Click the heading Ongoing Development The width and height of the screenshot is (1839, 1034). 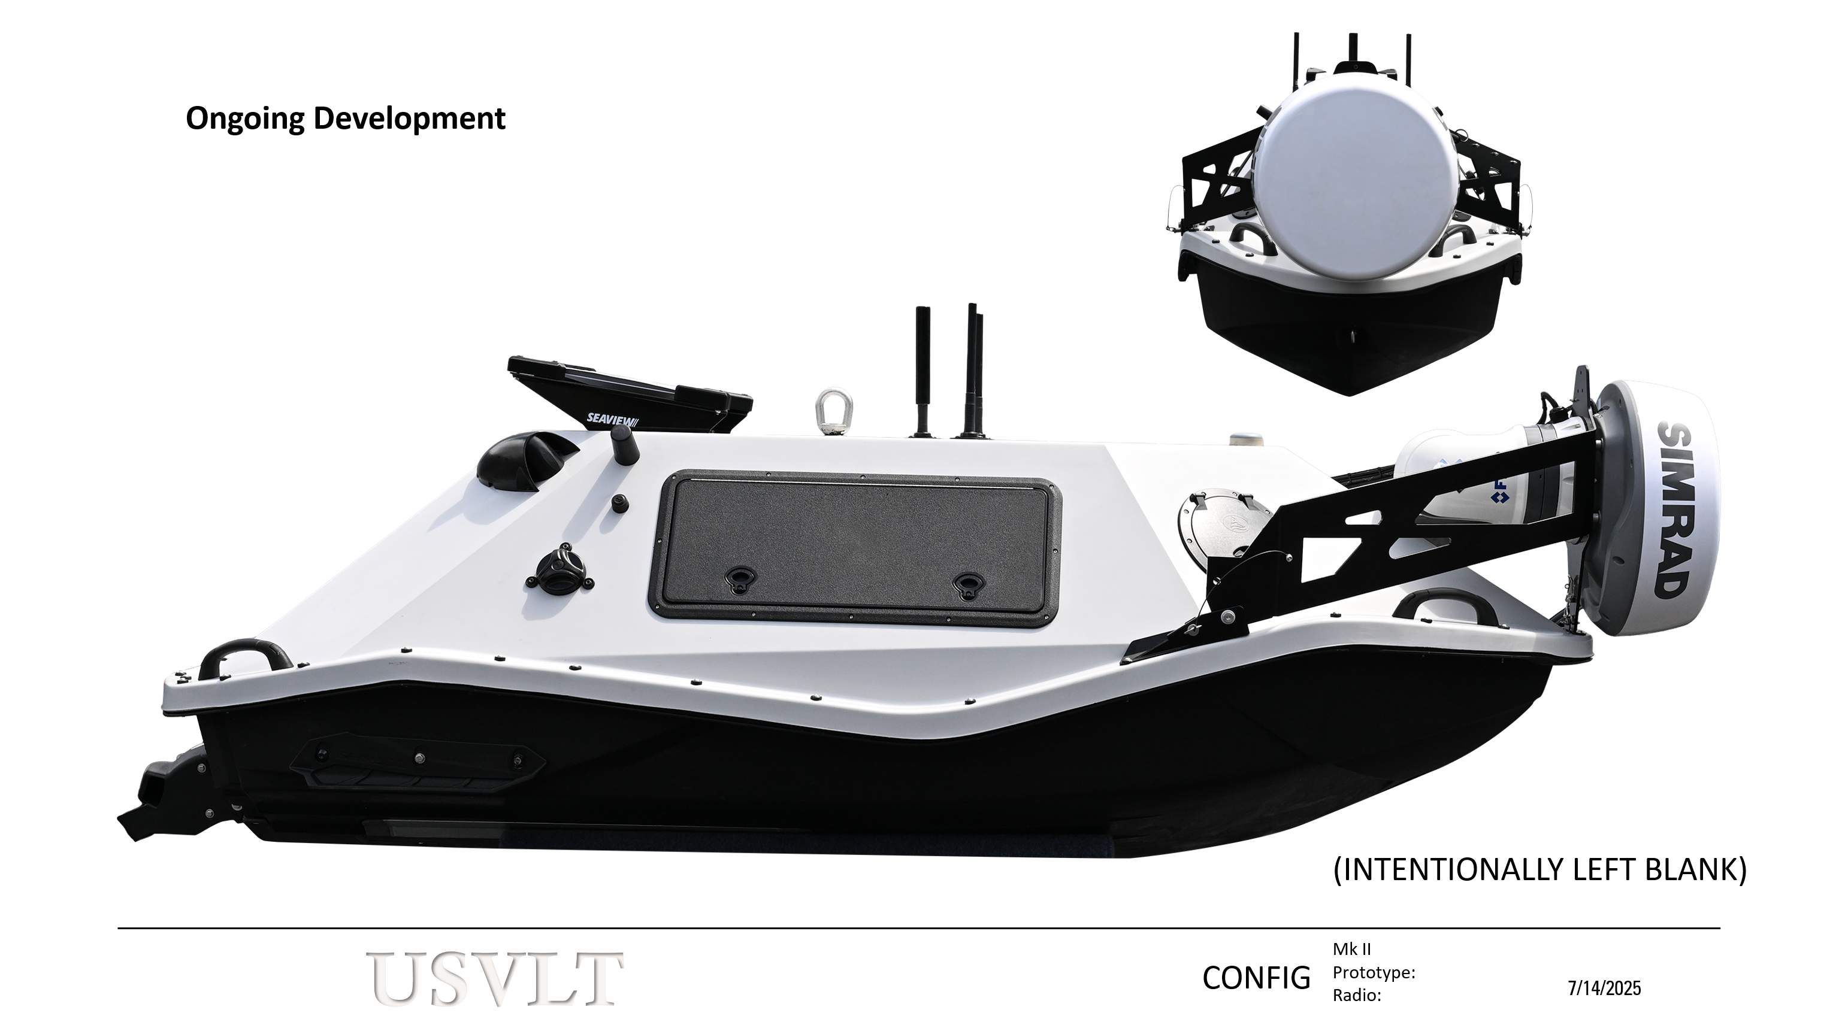click(346, 119)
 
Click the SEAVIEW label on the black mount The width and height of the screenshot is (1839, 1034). click(610, 419)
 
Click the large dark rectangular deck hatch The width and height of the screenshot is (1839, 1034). click(855, 547)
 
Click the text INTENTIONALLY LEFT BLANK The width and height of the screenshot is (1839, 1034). click(1539, 871)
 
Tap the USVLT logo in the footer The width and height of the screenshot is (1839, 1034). click(496, 978)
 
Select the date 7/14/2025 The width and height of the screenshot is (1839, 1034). click(1604, 988)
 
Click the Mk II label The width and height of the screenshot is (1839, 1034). click(1351, 949)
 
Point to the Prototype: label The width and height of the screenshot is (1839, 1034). click(1374, 973)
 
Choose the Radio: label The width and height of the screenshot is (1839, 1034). click(1356, 996)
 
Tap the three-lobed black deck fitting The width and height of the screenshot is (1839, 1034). click(561, 569)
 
